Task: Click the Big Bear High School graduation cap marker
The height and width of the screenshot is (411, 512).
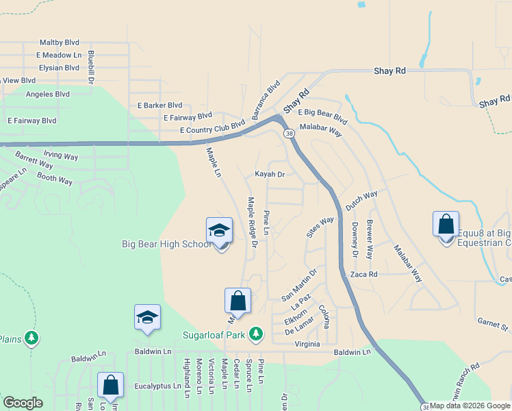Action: click(x=219, y=232)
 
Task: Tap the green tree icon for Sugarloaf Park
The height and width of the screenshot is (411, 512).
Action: click(x=256, y=334)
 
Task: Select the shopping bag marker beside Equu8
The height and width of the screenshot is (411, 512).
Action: click(x=446, y=225)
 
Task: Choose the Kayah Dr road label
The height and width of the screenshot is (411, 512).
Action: click(x=269, y=175)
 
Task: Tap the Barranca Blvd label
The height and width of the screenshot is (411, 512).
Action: click(x=266, y=100)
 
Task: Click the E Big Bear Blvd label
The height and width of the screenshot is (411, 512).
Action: click(x=324, y=116)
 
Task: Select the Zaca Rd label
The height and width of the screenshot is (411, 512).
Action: click(x=363, y=274)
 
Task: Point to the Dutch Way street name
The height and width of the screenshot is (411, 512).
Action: click(x=361, y=201)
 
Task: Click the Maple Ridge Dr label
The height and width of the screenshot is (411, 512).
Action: click(x=252, y=222)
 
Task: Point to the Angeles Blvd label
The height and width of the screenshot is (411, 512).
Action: click(x=48, y=95)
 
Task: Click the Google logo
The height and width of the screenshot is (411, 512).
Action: click(x=23, y=402)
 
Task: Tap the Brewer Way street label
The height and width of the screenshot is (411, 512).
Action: click(x=370, y=239)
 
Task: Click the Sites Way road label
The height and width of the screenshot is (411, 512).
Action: click(x=320, y=227)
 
